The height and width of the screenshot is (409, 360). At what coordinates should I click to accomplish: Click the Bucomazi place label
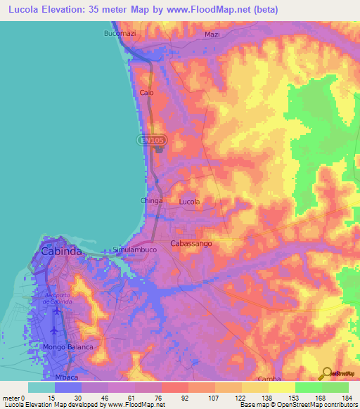coord(118,34)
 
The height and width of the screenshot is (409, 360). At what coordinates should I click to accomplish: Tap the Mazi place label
coord(212,34)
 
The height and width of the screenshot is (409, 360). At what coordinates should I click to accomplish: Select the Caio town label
coord(147,93)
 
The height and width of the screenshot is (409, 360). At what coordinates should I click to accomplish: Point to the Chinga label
coord(152,201)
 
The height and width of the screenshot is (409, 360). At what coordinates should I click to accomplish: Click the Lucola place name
coord(189,202)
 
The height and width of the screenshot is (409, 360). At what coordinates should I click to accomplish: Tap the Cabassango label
coord(191,243)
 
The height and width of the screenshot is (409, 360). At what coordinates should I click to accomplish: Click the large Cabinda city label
coord(62,251)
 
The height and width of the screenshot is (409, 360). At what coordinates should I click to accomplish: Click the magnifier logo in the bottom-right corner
coord(327,373)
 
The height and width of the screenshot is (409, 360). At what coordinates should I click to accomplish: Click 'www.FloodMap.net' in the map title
coord(219,10)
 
